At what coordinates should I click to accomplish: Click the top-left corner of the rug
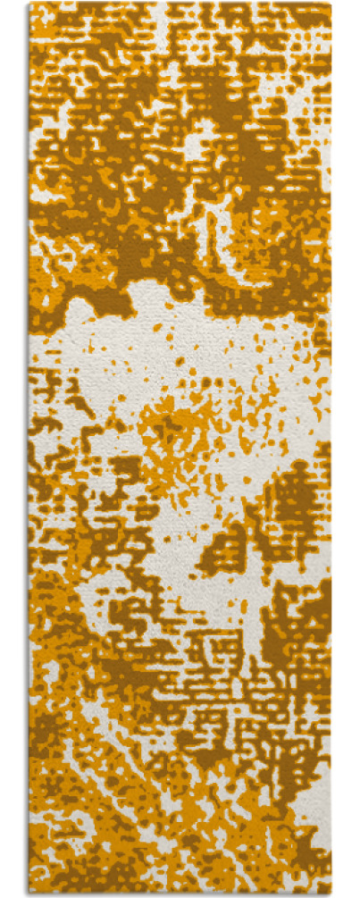(30, 4)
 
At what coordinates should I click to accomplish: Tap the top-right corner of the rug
(331, 4)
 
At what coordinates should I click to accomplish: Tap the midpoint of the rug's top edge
(180, 4)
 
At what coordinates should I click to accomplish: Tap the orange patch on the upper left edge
(45, 188)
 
